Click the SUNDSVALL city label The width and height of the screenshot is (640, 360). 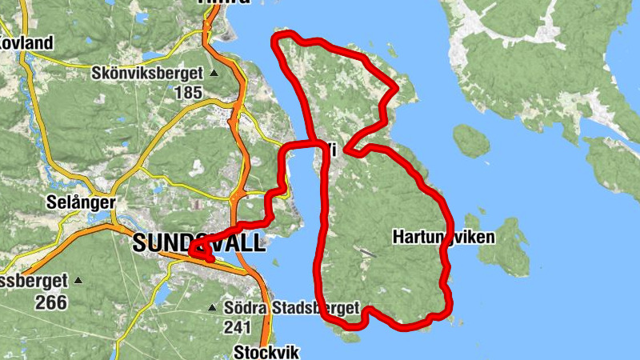tap(199, 243)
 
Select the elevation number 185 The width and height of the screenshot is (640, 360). tap(188, 92)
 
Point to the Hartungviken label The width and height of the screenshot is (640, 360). tap(444, 237)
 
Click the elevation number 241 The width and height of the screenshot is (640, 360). tap(238, 326)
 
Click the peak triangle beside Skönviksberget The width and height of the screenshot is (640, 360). tap(214, 74)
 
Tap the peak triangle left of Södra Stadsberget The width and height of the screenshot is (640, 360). tap(212, 308)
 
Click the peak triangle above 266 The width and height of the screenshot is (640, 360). tap(78, 281)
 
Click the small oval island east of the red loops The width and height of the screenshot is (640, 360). tap(470, 140)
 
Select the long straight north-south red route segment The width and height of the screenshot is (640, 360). tap(324, 232)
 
